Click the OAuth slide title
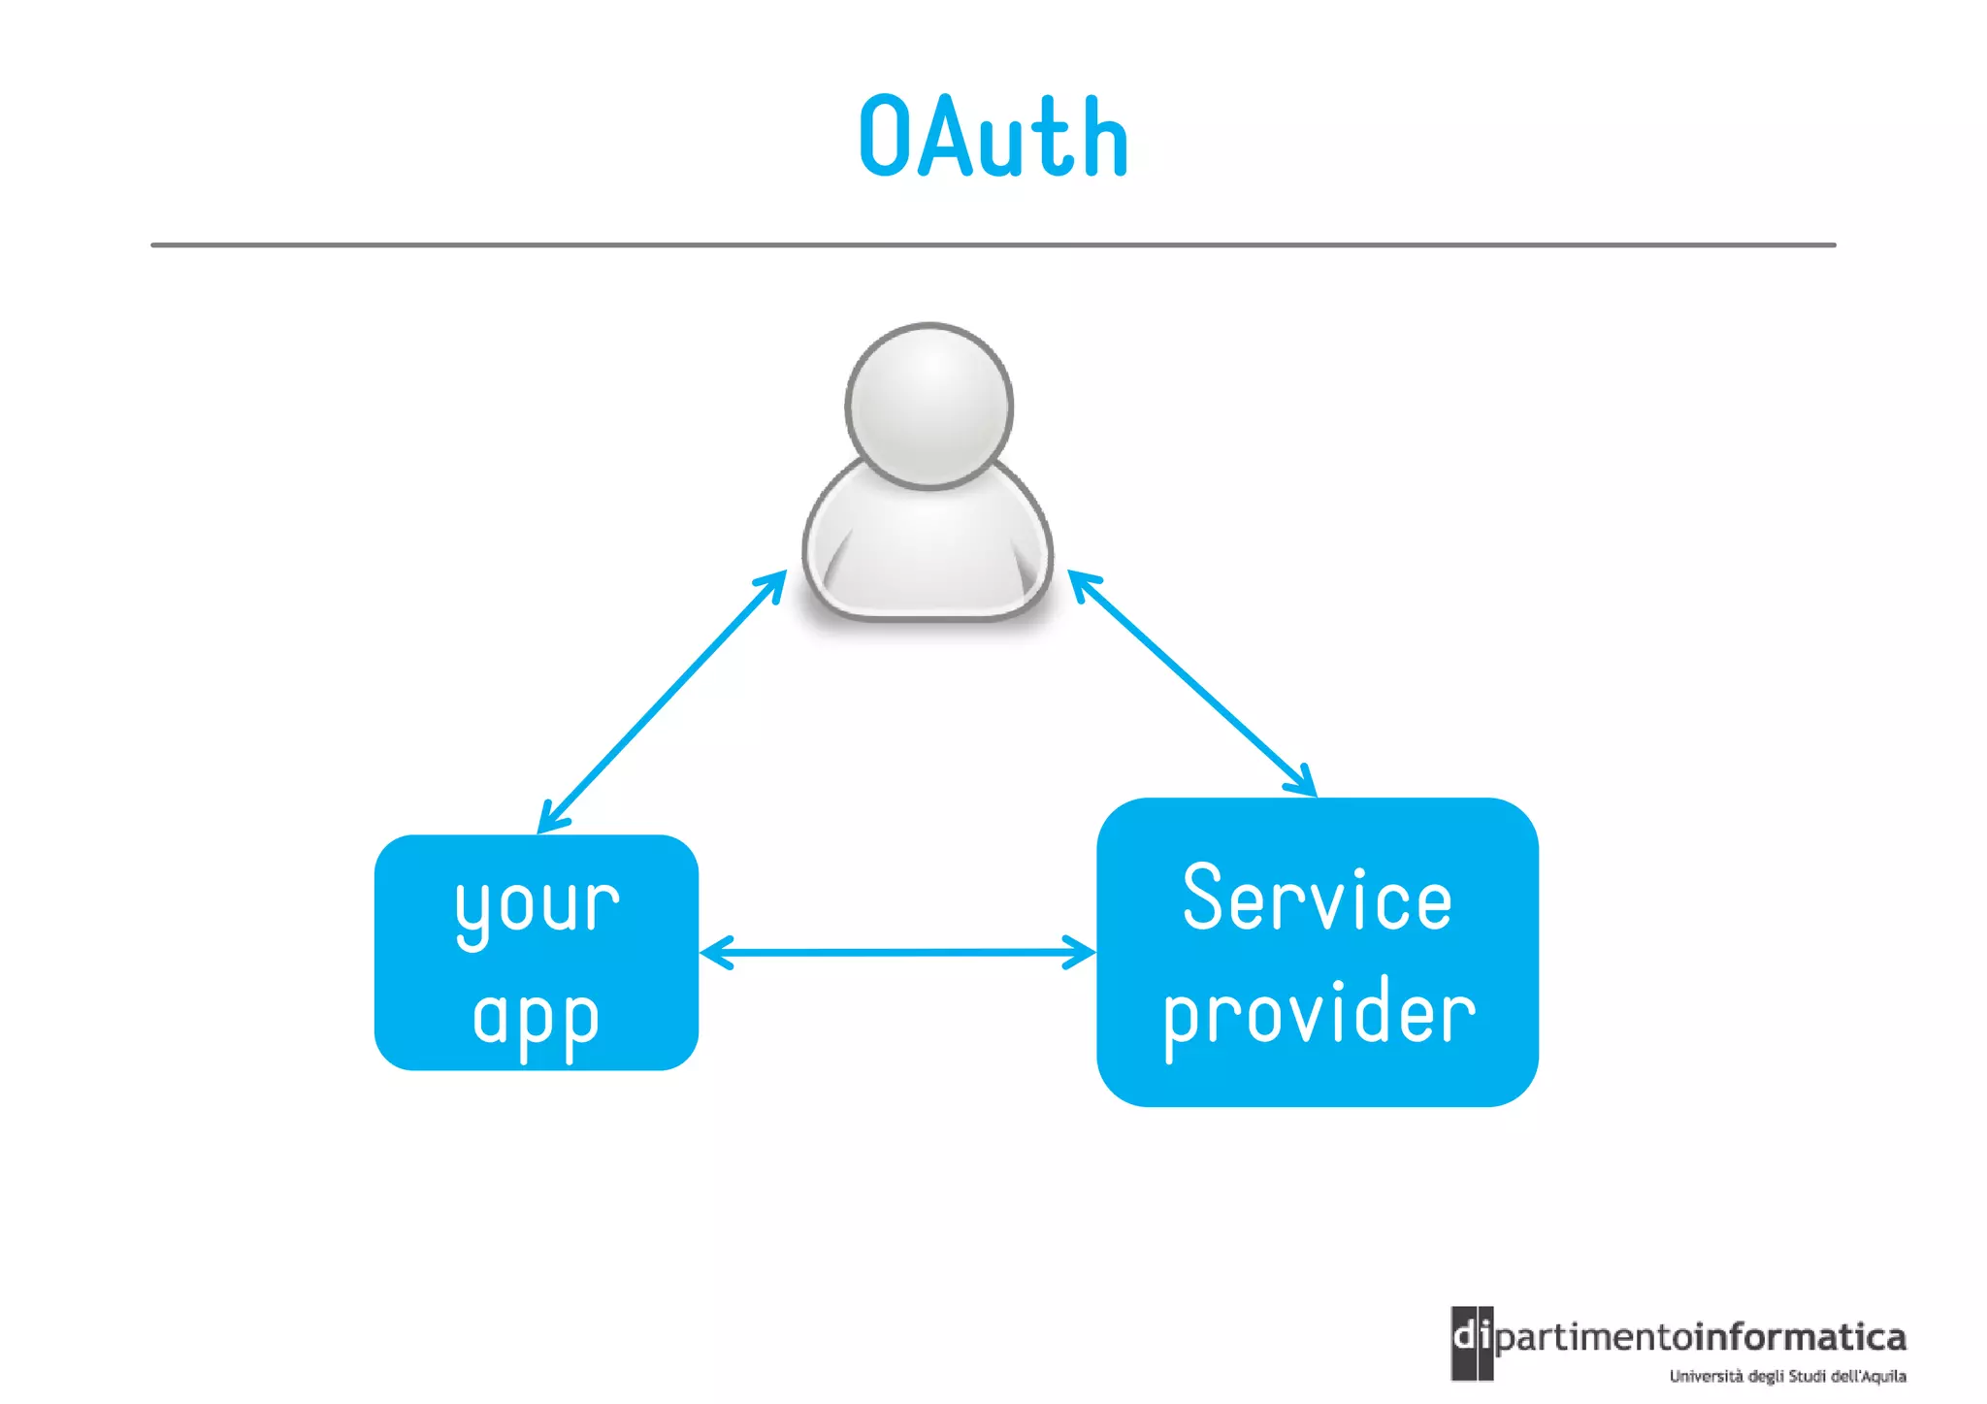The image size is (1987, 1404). click(993, 138)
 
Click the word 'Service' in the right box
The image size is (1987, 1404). click(1317, 900)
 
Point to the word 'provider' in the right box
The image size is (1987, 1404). click(1319, 1015)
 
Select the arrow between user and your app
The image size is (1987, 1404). click(662, 702)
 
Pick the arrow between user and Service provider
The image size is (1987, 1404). click(1191, 683)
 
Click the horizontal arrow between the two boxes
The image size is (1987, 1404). click(897, 952)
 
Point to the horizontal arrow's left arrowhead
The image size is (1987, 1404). click(713, 952)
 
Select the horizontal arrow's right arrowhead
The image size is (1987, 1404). click(1082, 952)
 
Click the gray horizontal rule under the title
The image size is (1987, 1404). click(993, 245)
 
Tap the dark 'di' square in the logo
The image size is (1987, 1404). click(1471, 1342)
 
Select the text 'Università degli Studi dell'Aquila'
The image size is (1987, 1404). click(1787, 1376)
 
